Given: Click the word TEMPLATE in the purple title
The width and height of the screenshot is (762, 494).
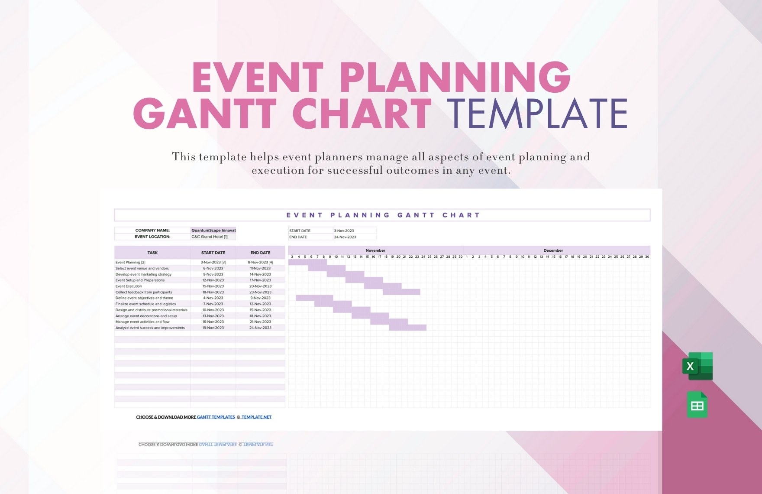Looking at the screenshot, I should click(537, 114).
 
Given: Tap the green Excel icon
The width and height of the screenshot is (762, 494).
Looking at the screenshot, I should click(697, 366).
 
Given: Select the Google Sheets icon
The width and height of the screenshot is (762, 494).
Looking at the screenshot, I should click(697, 405).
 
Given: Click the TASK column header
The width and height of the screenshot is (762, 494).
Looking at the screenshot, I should click(152, 253).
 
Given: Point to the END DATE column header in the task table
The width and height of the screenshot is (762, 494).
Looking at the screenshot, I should click(260, 253).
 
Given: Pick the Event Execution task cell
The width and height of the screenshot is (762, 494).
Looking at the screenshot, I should click(129, 286).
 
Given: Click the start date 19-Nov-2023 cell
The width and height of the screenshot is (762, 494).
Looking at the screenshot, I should click(213, 328).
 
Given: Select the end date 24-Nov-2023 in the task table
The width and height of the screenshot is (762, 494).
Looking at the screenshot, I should click(260, 328).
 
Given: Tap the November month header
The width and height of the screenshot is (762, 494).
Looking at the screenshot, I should click(375, 250).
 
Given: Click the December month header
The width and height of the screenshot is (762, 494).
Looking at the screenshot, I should click(553, 250).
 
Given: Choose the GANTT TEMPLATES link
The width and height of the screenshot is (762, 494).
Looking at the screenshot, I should click(216, 417).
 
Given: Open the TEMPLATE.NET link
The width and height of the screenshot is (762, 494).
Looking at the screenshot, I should click(256, 417).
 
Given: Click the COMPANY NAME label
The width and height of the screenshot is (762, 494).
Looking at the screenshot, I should click(152, 230).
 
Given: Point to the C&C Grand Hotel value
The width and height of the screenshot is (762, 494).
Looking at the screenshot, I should click(210, 237).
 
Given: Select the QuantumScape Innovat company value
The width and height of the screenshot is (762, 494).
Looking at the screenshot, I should click(213, 230).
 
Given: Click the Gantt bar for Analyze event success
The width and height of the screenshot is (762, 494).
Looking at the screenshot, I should click(407, 328).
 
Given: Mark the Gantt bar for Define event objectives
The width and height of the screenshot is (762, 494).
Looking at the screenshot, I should click(314, 298).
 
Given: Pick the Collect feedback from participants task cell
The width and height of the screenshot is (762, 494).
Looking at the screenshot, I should click(144, 292).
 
